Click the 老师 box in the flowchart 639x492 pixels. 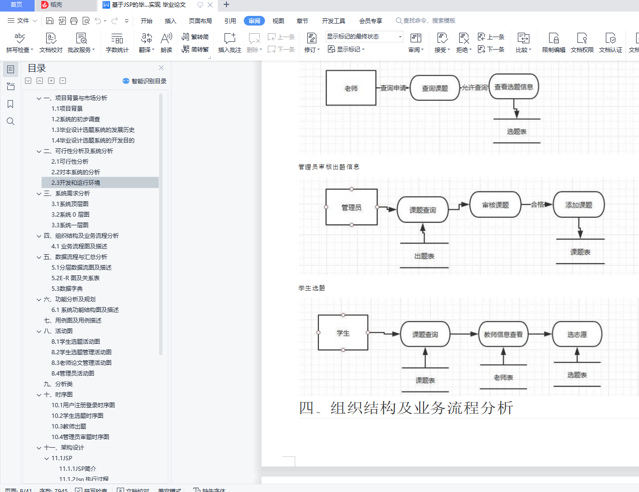[x=351, y=88]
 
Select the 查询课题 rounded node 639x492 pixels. [x=435, y=88]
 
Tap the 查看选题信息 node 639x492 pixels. [x=514, y=87]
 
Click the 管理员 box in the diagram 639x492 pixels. [x=351, y=207]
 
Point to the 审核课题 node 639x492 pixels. [x=495, y=205]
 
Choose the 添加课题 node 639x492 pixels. [x=578, y=205]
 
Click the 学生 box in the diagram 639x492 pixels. [x=343, y=333]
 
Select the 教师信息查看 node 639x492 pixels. [x=503, y=335]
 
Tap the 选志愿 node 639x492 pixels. [x=577, y=335]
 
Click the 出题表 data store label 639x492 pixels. [x=424, y=256]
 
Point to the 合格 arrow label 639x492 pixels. [x=538, y=205]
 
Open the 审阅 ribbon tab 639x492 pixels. [x=254, y=21]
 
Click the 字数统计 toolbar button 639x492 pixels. [x=117, y=42]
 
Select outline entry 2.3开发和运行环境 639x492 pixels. [x=76, y=183]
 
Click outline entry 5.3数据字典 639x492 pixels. [x=67, y=289]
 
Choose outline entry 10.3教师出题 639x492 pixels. [x=69, y=427]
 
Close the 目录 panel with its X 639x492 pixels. [x=161, y=68]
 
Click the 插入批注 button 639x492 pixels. [x=229, y=42]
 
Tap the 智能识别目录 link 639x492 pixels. [x=145, y=81]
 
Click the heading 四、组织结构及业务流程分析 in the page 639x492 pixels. [x=406, y=408]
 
